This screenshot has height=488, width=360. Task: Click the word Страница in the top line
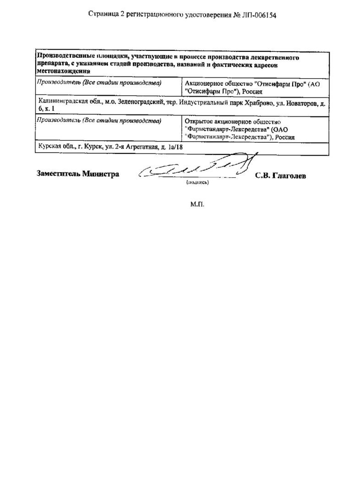pos(101,15)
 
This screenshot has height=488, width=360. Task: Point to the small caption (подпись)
pos(197,182)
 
